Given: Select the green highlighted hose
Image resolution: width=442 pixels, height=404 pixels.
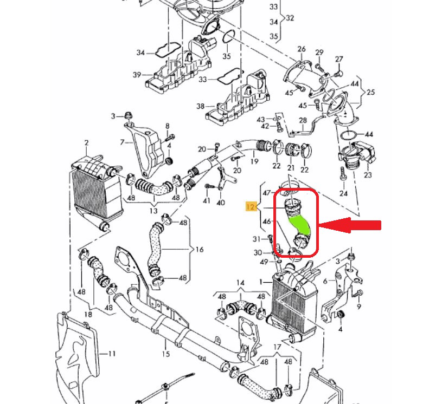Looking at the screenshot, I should tap(299, 224).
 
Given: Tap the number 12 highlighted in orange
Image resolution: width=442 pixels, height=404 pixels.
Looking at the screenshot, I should tap(251, 207).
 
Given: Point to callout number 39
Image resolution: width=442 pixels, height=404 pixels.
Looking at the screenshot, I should tap(137, 75).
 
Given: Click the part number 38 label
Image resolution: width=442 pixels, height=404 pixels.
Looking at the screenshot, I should tap(200, 106).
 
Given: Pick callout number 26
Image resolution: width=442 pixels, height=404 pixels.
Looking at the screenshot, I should tap(302, 50).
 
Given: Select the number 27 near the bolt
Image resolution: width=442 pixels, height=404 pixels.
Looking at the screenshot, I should tap(339, 58).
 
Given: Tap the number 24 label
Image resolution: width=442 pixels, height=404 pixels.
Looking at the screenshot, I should tap(343, 193).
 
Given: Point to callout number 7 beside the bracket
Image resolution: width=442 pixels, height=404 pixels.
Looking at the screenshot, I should tap(123, 142).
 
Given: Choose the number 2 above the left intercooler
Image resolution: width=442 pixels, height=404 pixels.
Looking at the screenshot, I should tap(86, 142).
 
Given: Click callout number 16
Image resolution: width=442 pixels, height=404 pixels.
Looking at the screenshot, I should tap(200, 250).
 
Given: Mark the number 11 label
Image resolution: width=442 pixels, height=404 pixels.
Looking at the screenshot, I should tap(111, 354).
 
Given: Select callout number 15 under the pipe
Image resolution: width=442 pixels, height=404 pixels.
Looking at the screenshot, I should tap(165, 354).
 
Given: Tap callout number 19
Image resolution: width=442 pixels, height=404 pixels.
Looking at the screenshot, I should tap(254, 161).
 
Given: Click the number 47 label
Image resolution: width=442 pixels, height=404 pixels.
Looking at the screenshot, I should tap(266, 193).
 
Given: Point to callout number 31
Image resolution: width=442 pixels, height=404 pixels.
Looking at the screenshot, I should tap(257, 239).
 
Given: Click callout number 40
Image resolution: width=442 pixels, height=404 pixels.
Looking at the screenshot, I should tap(220, 203).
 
